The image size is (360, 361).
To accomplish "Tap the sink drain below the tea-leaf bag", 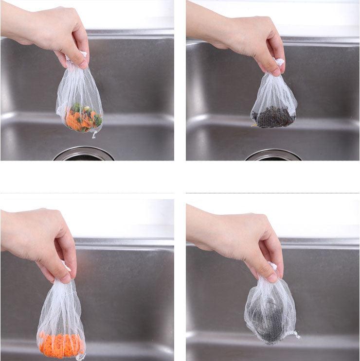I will (273, 155).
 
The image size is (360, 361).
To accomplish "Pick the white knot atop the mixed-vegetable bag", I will (83, 54).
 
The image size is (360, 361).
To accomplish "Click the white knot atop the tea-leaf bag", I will (279, 62).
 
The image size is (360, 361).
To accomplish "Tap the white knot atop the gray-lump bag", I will (272, 266).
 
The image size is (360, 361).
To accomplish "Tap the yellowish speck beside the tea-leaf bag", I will (254, 125).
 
